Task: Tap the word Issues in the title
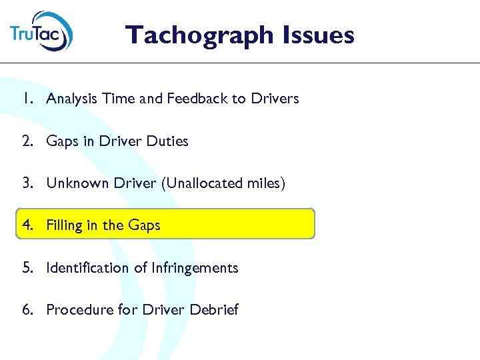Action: [x=319, y=34]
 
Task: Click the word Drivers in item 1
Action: [x=275, y=99]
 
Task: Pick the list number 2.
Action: [x=25, y=141]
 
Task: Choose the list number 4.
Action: [x=25, y=225]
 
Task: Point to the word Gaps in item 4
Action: [x=143, y=225]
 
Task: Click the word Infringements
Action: [x=195, y=268]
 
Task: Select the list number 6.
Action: [x=25, y=310]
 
